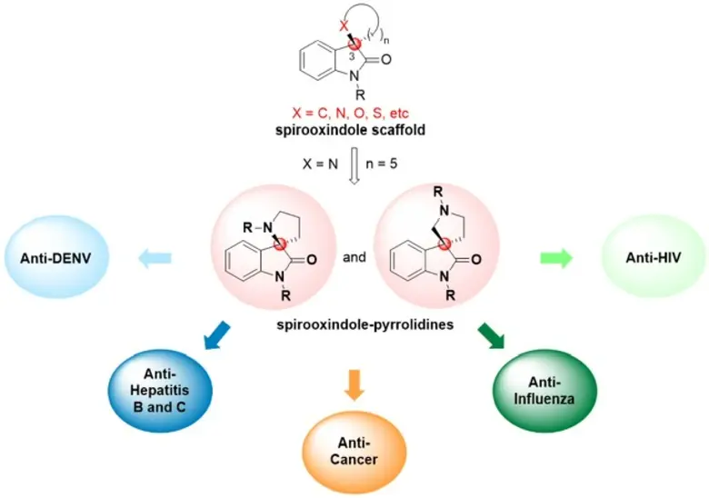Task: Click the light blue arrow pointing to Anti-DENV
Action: (155, 258)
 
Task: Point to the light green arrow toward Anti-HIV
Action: (555, 258)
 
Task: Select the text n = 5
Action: (394, 169)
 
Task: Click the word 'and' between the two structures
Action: (355, 257)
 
